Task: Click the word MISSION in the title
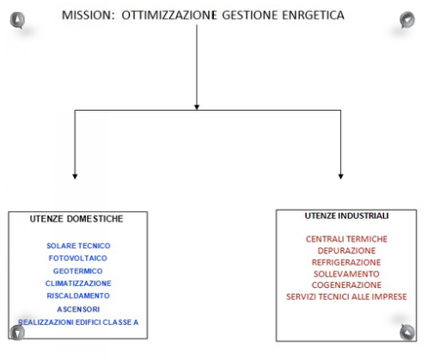point(88,15)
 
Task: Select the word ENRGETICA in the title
point(313,15)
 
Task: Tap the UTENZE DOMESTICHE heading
point(76,219)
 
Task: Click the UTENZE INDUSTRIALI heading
point(346,216)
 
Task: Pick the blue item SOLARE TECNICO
point(78,246)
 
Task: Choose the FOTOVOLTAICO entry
point(78,259)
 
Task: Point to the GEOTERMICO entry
point(78,271)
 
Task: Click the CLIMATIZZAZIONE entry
point(78,284)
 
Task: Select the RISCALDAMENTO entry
point(78,296)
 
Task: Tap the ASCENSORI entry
point(78,309)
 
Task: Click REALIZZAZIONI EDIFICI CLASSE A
point(78,322)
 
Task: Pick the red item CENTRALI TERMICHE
point(346,239)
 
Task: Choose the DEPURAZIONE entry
point(346,251)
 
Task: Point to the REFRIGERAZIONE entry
point(346,262)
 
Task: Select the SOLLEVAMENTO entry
point(346,274)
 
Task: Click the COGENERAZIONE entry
point(346,285)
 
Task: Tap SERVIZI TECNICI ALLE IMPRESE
point(346,296)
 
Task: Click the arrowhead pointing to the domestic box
point(75,176)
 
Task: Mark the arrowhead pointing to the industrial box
point(340,176)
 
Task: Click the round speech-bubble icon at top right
point(407,20)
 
